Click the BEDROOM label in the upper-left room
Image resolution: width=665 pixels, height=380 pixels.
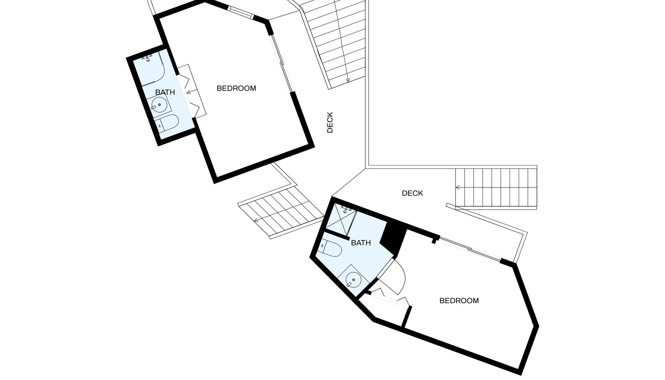[x=236, y=88]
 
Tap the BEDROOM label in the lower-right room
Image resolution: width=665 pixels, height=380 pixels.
[x=459, y=301]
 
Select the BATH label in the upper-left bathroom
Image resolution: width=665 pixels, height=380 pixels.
[x=165, y=92]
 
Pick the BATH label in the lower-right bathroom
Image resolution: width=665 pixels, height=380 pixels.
[x=361, y=243]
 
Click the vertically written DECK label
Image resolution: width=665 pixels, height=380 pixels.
[x=330, y=122]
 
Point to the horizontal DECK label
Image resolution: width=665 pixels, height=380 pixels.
[x=412, y=193]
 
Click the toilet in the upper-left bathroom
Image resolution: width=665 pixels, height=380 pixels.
[x=167, y=123]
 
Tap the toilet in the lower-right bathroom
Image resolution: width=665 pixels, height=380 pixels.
[x=330, y=248]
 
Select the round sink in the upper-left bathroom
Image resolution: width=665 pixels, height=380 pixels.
[x=159, y=105]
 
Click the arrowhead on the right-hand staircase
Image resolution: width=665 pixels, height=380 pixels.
[x=458, y=188]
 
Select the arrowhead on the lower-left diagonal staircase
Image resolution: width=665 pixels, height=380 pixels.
[x=256, y=220]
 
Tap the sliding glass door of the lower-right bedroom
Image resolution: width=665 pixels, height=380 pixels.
[x=470, y=248]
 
